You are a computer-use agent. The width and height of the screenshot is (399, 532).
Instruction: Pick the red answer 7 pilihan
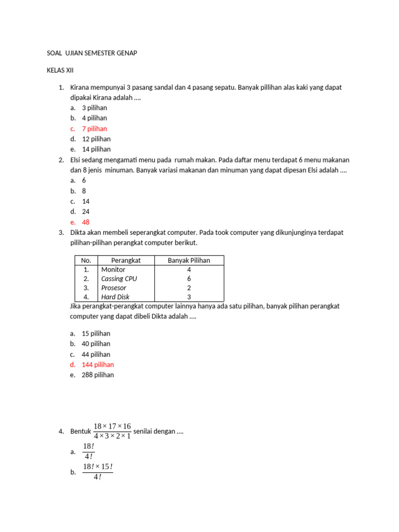click(95, 128)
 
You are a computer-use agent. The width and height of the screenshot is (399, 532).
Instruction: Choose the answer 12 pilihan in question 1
click(96, 139)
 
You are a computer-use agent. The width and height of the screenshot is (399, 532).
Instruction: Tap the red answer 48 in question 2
click(86, 222)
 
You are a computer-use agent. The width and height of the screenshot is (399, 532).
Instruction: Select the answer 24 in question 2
click(86, 211)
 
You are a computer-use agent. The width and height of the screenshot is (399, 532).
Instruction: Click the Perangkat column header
click(126, 260)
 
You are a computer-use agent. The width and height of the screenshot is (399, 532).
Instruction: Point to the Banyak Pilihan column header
click(189, 260)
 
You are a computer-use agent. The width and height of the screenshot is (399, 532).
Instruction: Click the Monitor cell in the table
click(113, 270)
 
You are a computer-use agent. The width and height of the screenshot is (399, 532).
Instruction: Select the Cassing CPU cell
click(119, 278)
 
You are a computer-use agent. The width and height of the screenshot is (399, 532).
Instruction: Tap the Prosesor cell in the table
click(114, 288)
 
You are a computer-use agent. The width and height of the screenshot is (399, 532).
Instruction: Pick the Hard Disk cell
click(115, 297)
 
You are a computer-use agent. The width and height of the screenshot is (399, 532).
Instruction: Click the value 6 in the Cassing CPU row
click(189, 278)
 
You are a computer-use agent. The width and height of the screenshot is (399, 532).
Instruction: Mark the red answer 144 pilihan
click(98, 364)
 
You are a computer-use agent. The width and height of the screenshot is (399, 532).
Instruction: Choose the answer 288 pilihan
click(98, 375)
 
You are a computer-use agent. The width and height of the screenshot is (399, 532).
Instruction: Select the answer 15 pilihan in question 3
click(96, 334)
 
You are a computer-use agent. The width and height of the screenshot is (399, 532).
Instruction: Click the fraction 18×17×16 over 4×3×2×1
click(112, 431)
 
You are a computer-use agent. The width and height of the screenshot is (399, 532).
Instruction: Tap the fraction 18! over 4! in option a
click(88, 451)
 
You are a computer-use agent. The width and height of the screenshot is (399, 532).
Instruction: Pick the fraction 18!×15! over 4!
click(98, 472)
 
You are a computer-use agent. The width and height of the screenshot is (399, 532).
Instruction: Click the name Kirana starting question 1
click(81, 87)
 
